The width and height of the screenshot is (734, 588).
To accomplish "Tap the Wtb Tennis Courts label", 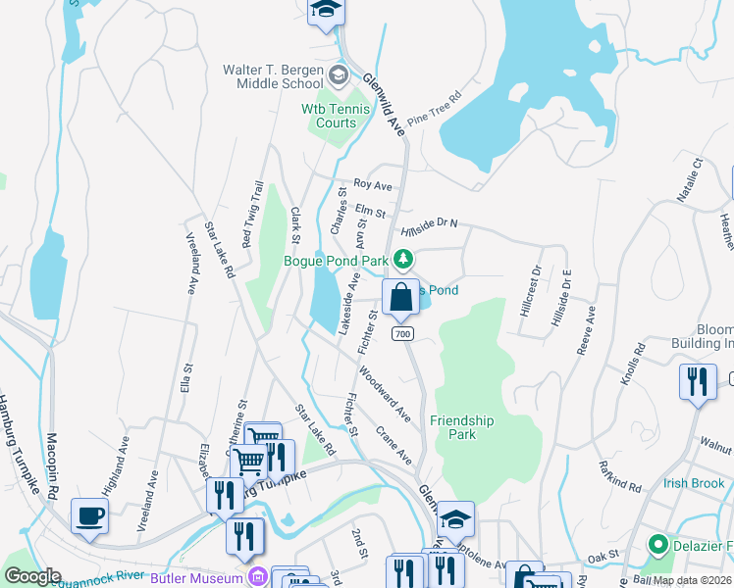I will click(335, 116).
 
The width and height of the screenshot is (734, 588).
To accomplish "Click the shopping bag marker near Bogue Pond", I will click(400, 298).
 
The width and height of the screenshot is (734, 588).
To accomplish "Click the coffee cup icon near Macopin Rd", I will click(89, 516).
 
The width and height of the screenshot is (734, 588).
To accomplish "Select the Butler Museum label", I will click(196, 578).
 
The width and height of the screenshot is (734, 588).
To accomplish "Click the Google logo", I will click(32, 576).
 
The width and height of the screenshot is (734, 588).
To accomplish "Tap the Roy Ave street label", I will click(373, 184).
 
